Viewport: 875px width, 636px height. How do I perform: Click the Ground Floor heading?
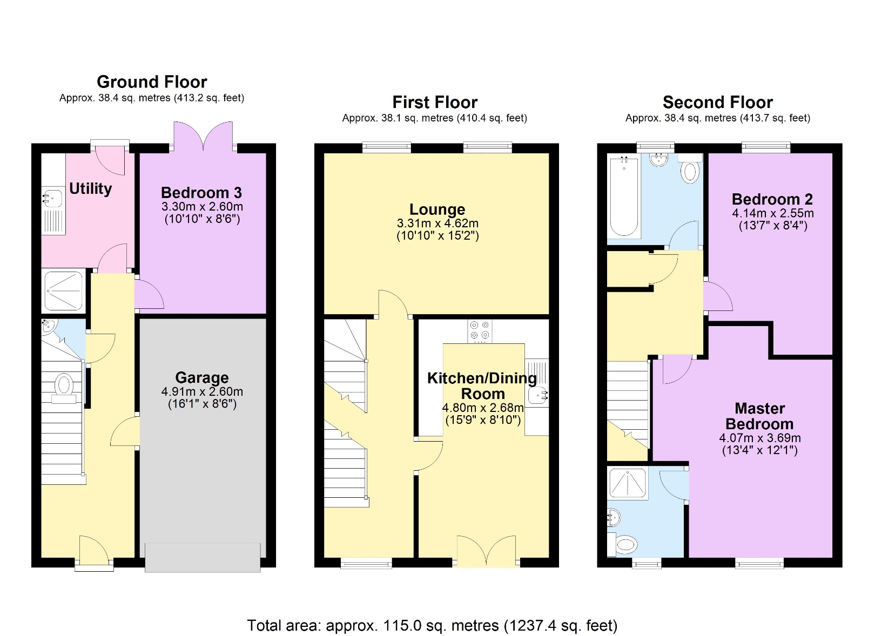[152, 82]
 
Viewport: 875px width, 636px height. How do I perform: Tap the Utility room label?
[90, 188]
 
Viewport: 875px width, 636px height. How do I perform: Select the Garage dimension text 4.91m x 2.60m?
[202, 391]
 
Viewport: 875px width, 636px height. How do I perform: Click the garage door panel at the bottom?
[203, 557]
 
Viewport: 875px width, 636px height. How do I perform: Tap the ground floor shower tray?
[63, 290]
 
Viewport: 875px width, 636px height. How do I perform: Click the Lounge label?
[437, 209]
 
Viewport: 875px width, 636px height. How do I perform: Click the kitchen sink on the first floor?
[539, 396]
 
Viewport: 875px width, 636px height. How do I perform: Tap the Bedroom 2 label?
[772, 199]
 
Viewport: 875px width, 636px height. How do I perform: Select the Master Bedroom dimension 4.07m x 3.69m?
[759, 438]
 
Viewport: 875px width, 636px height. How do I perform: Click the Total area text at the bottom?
[432, 625]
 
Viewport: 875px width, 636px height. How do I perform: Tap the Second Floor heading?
[717, 102]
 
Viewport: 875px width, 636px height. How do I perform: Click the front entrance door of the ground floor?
[94, 552]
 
